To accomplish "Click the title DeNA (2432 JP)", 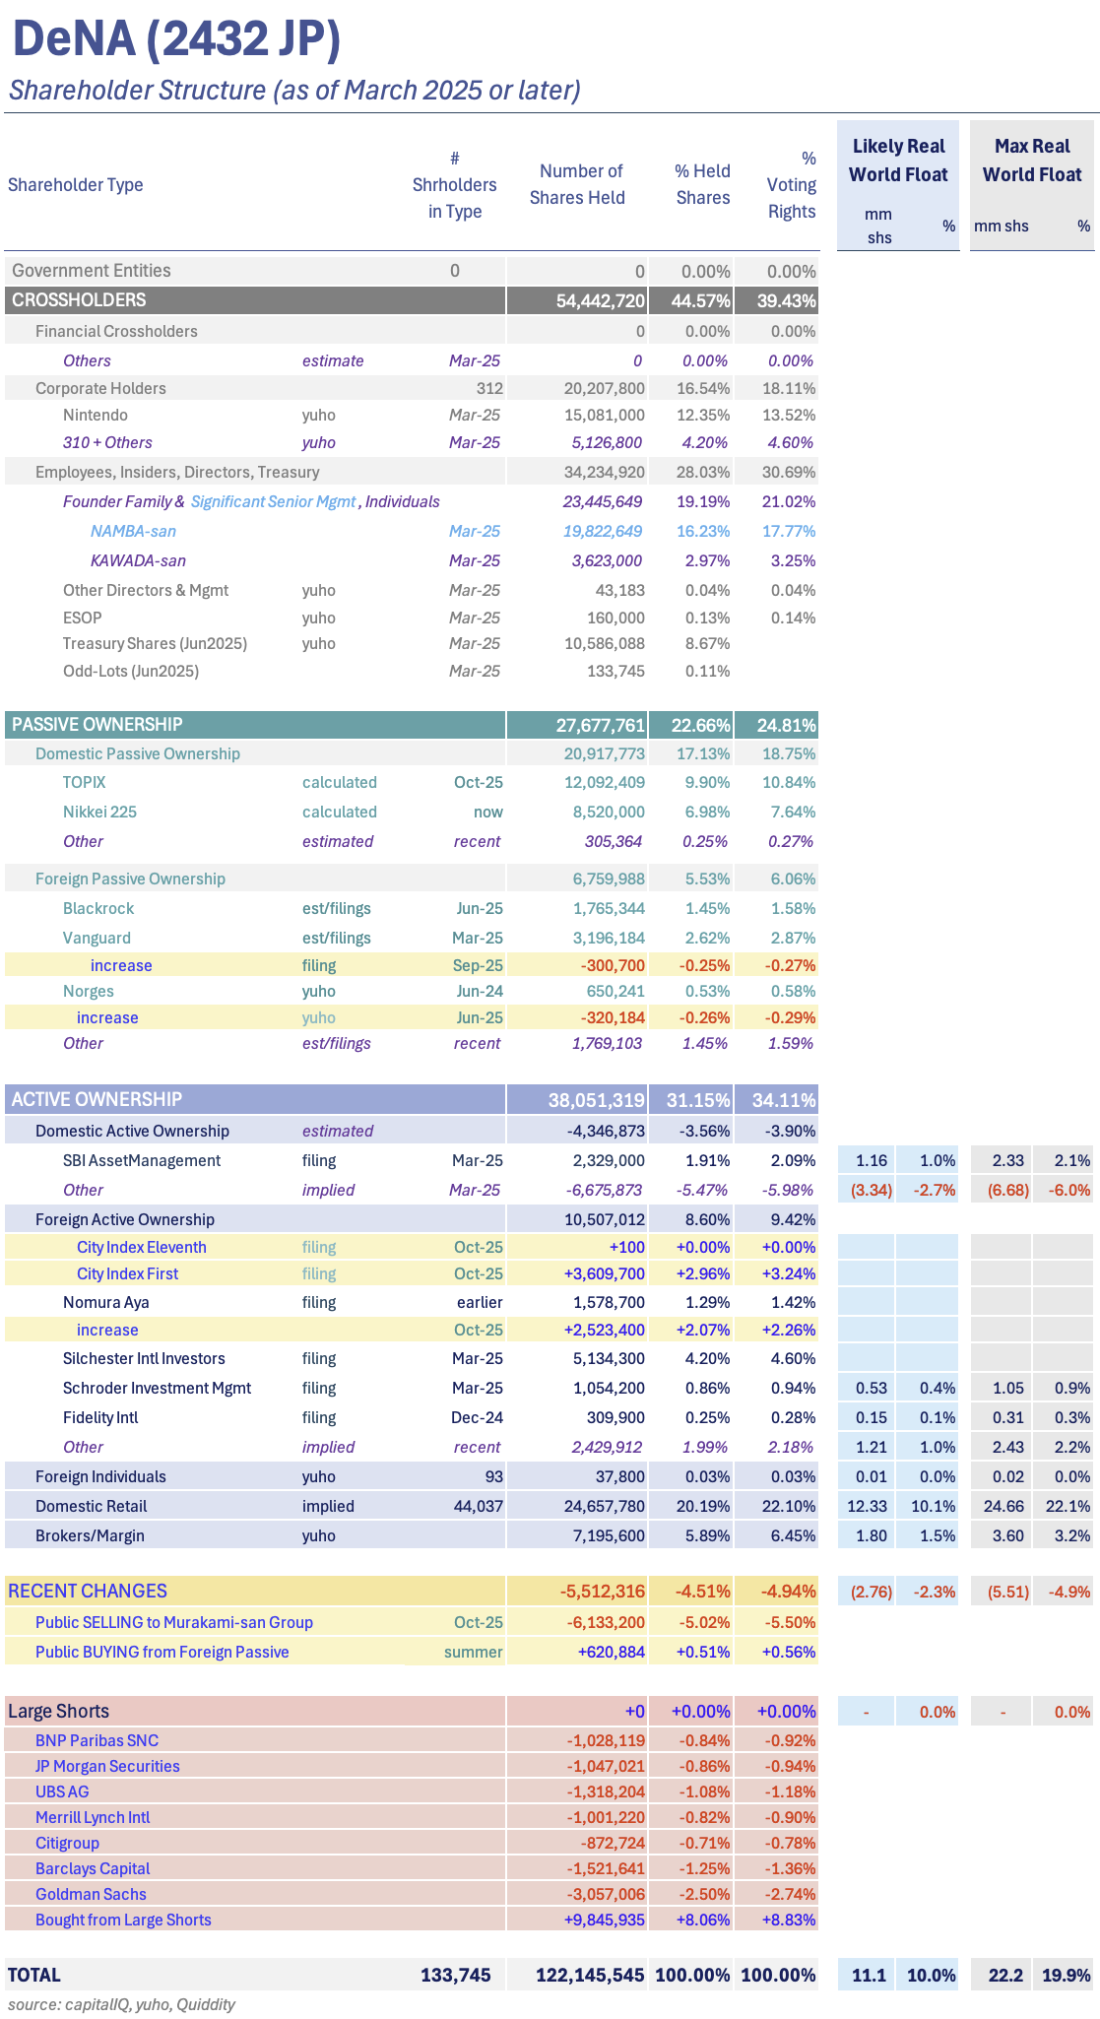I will coord(177,39).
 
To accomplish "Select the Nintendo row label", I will coord(96,416).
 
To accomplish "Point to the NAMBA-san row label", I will coord(133,532).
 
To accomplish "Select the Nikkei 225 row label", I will coord(99,813).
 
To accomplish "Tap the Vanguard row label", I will coord(97,939).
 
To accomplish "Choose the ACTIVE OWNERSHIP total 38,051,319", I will coord(596,1100).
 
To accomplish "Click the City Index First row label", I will coord(127,1274).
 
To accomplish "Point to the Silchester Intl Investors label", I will coord(144,1359).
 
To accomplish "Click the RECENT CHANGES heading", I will coord(88,1592).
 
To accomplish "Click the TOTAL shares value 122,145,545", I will coord(590,1976).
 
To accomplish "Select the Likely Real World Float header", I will coord(898,161).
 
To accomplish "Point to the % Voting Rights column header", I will coord(793,185).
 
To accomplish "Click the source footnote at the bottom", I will coord(121,2004).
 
